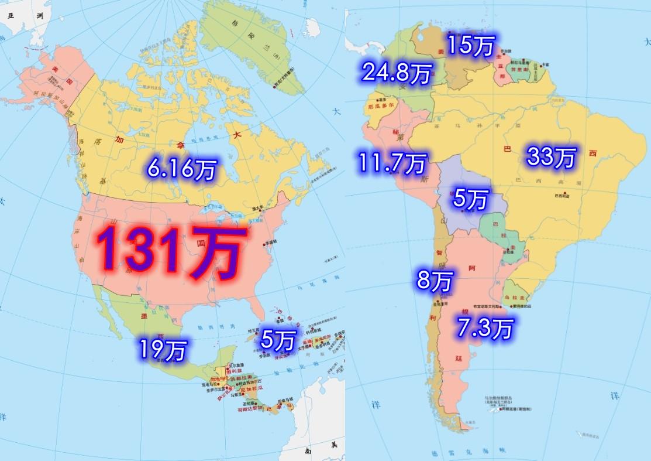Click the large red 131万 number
click(168, 252)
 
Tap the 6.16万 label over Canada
click(181, 169)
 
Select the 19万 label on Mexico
click(162, 350)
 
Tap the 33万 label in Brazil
click(552, 156)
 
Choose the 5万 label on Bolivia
click(470, 200)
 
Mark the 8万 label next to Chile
click(434, 281)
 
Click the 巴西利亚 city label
click(559, 196)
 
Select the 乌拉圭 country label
click(515, 291)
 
